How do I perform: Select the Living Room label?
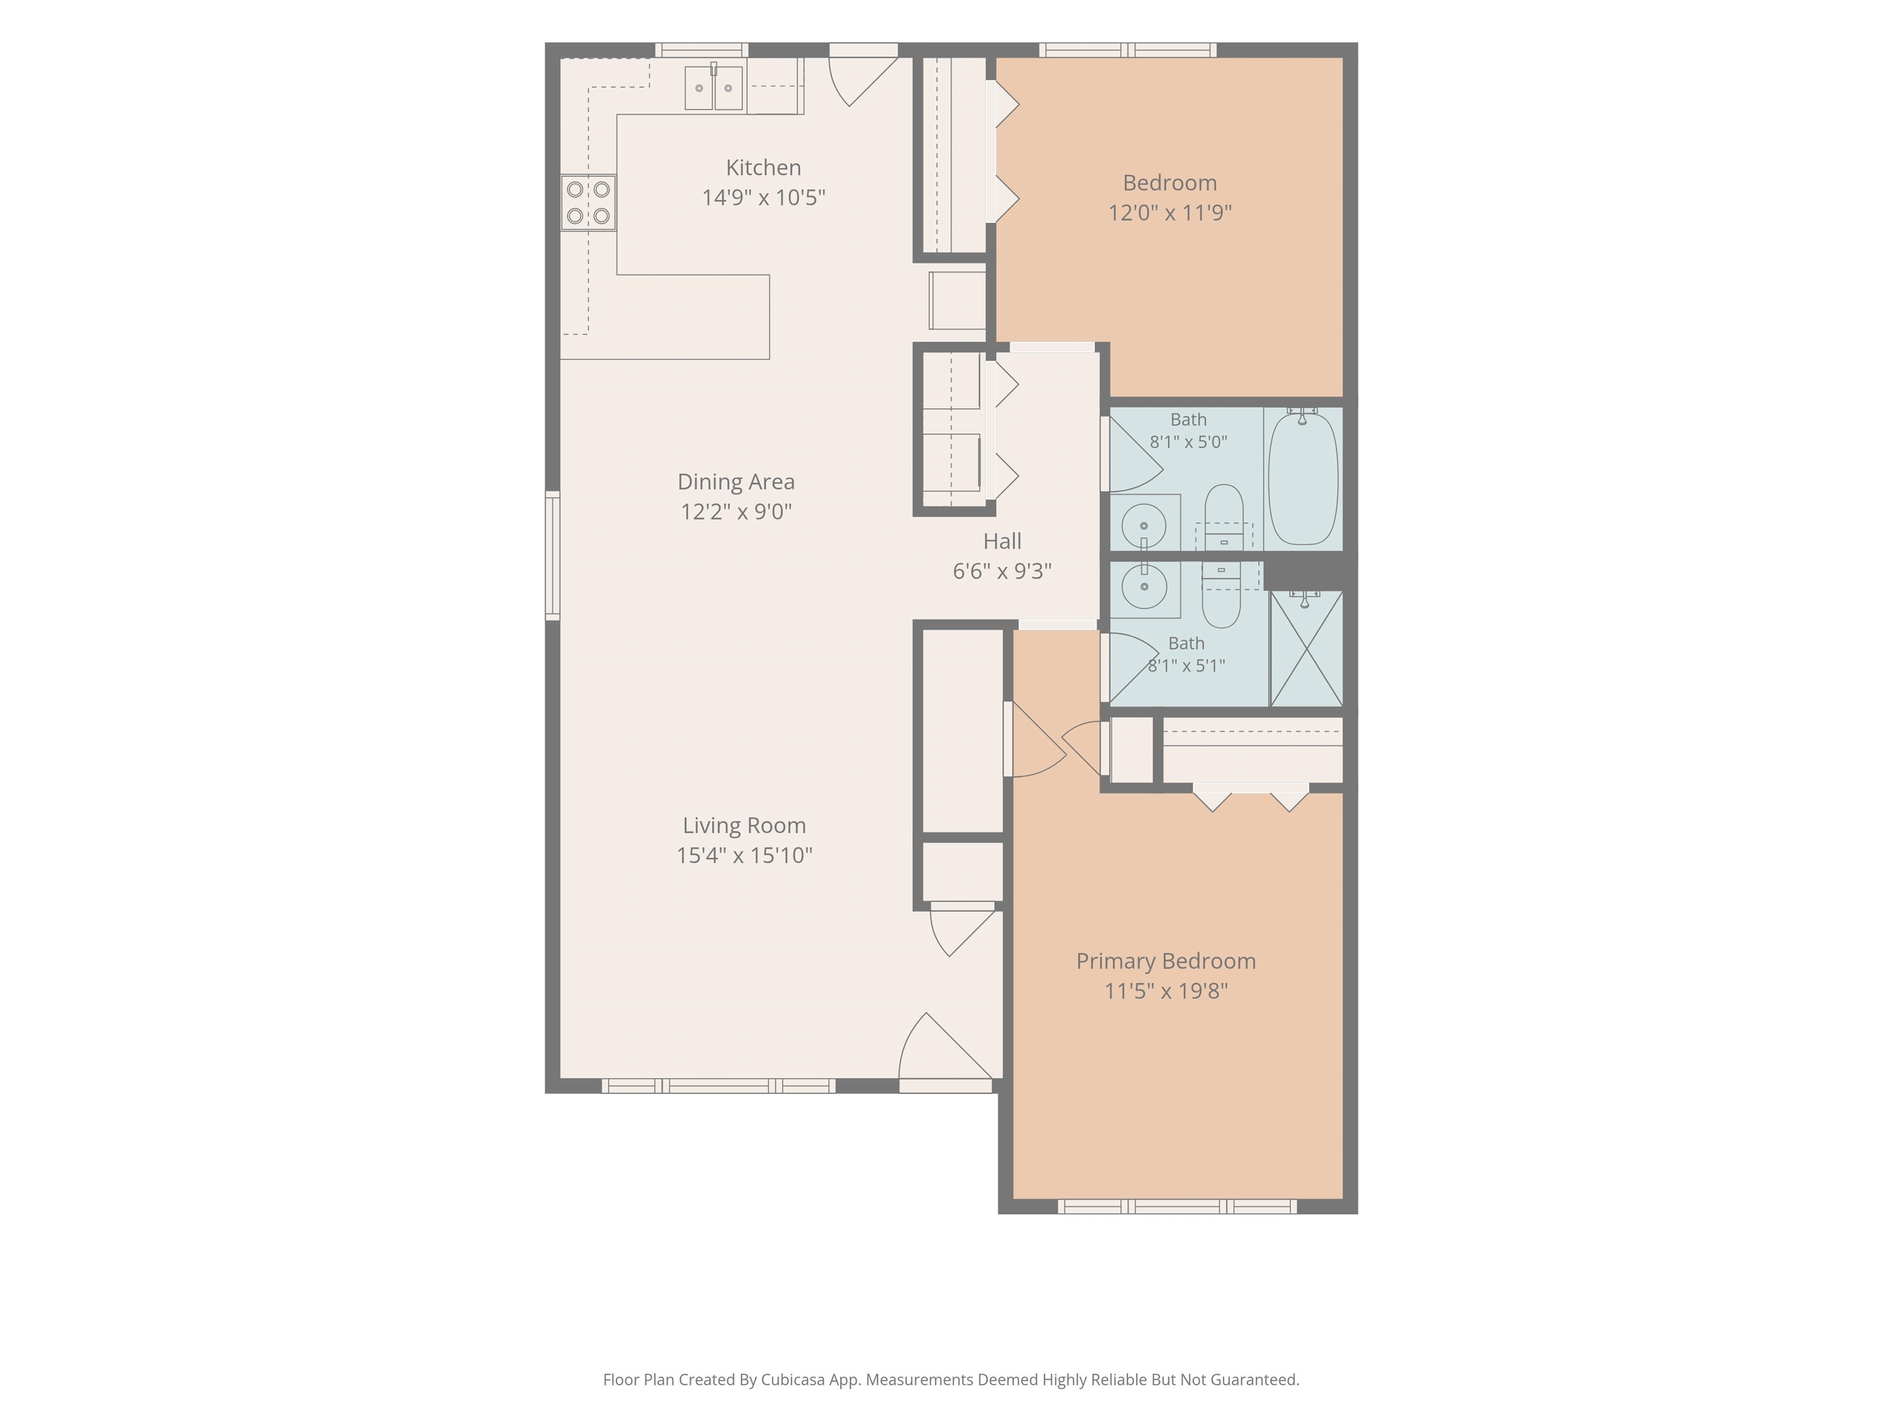(744, 826)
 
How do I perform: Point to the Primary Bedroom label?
(1166, 961)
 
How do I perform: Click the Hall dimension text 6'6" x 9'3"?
(1002, 571)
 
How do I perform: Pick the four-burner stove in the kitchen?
(588, 202)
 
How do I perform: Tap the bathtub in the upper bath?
(1303, 478)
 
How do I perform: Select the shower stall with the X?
(1306, 648)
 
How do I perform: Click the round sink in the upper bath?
(1144, 525)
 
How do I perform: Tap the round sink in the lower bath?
(1144, 586)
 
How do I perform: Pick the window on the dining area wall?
(553, 555)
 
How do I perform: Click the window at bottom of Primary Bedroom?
(1177, 1207)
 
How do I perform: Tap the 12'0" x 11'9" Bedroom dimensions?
(1170, 212)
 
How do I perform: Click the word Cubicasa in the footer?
(792, 1380)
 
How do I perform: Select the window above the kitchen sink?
(701, 50)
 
